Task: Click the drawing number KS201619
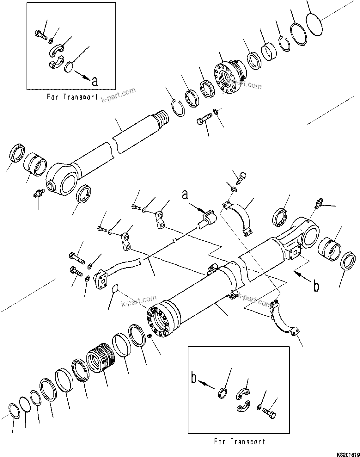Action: click(346, 454)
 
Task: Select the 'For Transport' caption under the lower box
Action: click(240, 441)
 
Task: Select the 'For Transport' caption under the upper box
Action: click(73, 97)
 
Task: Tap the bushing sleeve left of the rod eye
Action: click(35, 164)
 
